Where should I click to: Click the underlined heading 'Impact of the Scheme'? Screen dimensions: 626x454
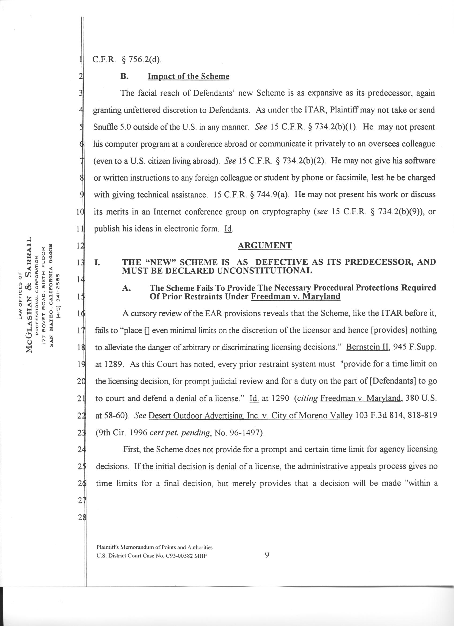click(188, 77)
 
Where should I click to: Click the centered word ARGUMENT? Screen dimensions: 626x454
click(265, 245)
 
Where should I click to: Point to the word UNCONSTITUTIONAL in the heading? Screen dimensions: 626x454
click(265, 271)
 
